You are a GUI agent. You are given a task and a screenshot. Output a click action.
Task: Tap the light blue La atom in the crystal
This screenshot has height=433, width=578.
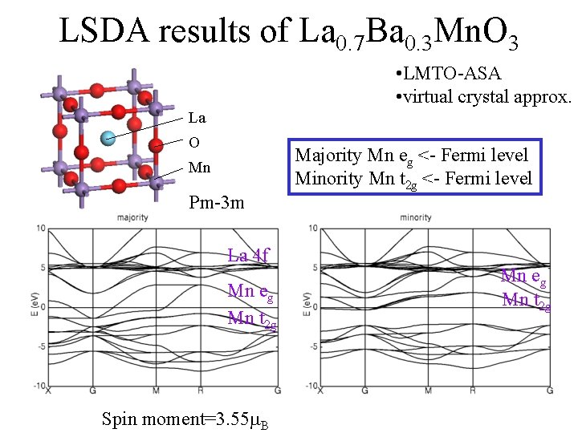pyautogui.click(x=108, y=139)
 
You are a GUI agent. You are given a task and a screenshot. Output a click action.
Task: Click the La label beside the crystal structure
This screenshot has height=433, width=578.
pyautogui.click(x=197, y=118)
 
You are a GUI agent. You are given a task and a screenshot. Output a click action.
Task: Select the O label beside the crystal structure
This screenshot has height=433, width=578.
pyautogui.click(x=193, y=143)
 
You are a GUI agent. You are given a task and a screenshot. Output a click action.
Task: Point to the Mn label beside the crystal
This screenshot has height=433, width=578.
pyautogui.click(x=198, y=168)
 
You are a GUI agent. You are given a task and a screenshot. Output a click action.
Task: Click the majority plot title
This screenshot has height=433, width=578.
pyautogui.click(x=132, y=217)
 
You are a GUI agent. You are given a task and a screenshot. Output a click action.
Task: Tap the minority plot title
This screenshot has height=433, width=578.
pyautogui.click(x=416, y=217)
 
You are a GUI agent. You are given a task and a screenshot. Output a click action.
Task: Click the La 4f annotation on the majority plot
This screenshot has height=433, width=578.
pyautogui.click(x=248, y=256)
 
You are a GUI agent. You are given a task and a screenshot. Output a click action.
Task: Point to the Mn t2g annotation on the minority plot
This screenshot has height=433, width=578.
pyautogui.click(x=526, y=301)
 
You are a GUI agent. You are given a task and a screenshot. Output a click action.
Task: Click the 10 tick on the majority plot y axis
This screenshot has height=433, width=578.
pyautogui.click(x=39, y=229)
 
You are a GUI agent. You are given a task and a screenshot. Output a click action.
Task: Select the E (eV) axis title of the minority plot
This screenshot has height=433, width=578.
pyautogui.click(x=307, y=306)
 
